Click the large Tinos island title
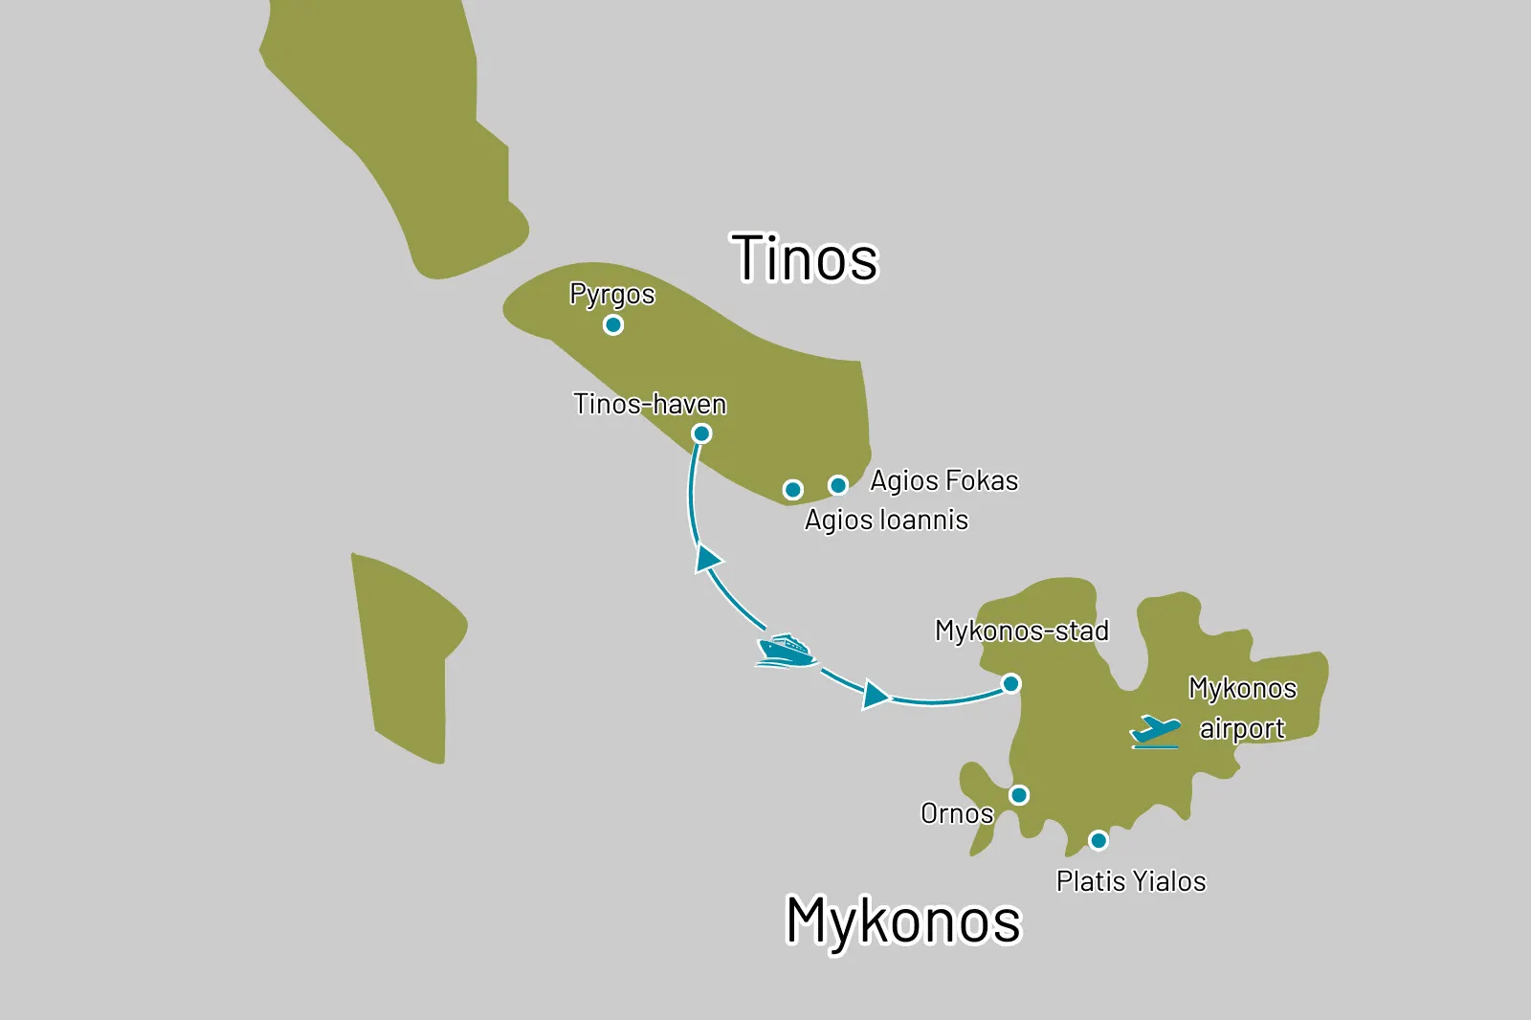tap(804, 258)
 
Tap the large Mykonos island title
tap(903, 920)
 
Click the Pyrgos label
tap(611, 294)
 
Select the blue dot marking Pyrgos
tap(613, 325)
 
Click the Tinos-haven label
tap(650, 404)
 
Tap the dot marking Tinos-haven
tap(701, 433)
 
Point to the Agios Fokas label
tap(943, 480)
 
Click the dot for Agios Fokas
tap(838, 485)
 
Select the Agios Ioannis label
tap(886, 520)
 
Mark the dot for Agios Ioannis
tap(792, 490)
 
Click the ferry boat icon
tap(786, 650)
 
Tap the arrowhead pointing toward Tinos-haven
tap(707, 559)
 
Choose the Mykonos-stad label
tap(1021, 631)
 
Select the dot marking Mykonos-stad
tap(1010, 683)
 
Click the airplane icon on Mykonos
tap(1156, 732)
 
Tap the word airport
tap(1241, 729)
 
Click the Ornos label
tap(956, 813)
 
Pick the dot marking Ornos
tap(1019, 795)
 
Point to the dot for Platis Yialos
tap(1098, 840)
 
